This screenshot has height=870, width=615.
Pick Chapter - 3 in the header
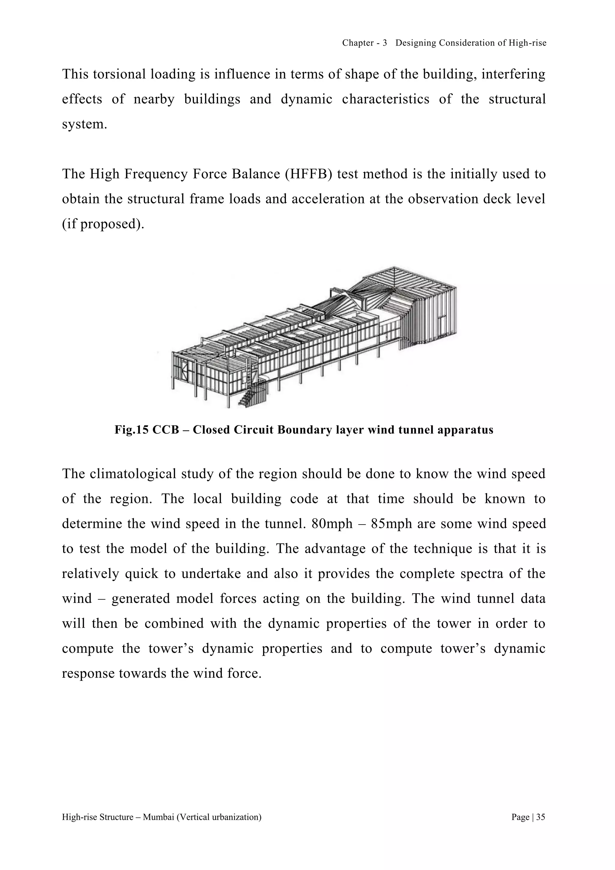pyautogui.click(x=364, y=43)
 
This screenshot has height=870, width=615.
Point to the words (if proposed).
pyautogui.click(x=103, y=224)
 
